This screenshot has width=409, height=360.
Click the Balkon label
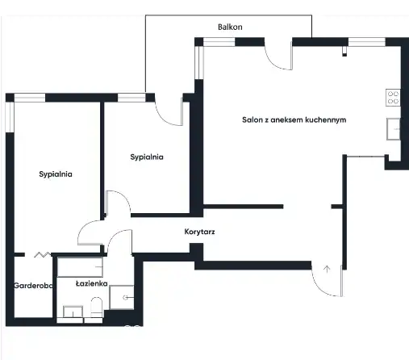230,27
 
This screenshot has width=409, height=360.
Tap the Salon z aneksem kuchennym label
294,119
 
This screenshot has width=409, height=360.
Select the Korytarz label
199,232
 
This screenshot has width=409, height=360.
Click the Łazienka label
92,283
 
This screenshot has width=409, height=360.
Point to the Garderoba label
33,286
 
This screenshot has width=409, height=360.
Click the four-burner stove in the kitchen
393,98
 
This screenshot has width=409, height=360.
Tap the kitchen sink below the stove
394,129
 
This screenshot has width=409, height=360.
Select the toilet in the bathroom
97,307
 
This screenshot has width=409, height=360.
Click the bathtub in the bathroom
80,267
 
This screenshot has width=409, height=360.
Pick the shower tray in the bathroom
122,297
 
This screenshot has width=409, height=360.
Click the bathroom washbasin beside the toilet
73,312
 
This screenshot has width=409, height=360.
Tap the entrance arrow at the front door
327,269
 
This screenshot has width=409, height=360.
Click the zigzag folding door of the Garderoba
43,254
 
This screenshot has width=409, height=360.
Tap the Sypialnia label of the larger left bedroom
56,174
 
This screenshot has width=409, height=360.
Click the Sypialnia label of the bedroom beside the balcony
147,157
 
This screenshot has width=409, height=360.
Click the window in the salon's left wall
199,63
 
